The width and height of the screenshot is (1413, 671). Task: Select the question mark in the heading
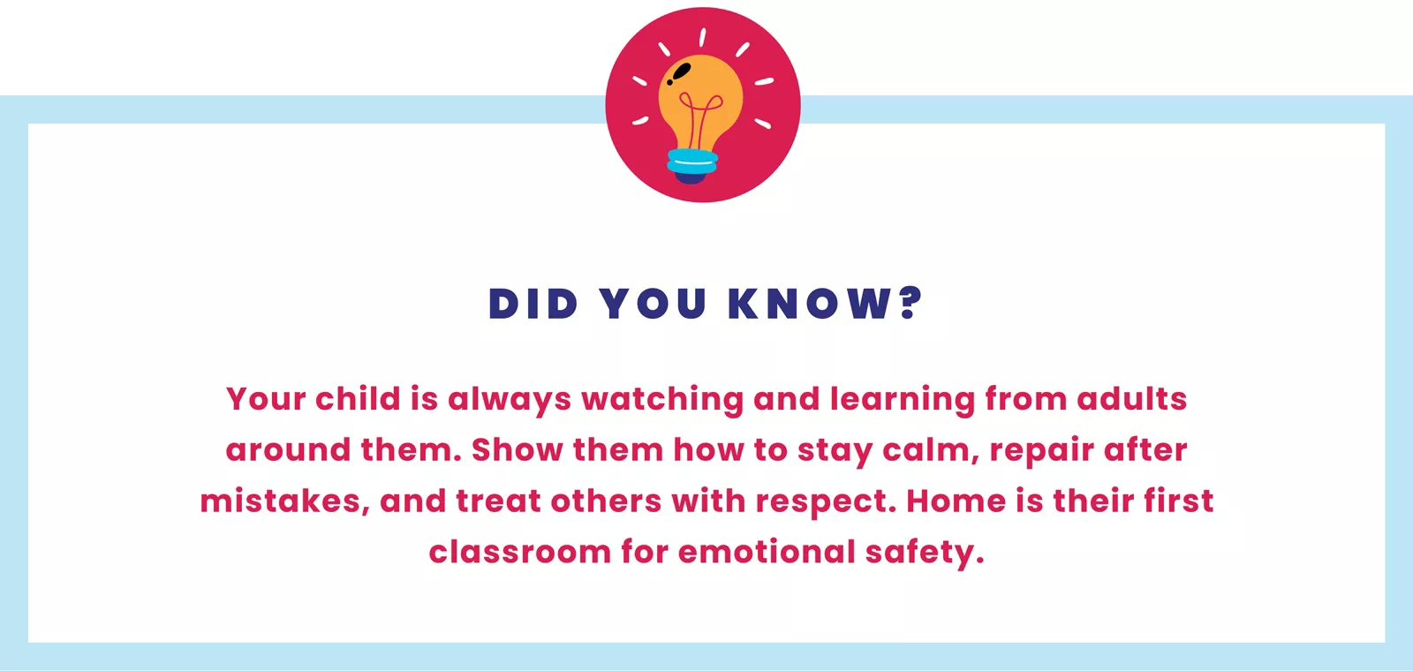(x=911, y=303)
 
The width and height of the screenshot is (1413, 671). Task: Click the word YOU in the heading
(x=654, y=304)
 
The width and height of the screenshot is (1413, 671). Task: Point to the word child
(x=358, y=398)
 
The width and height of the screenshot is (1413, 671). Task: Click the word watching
(x=662, y=400)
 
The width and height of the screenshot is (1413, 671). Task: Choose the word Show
(x=517, y=449)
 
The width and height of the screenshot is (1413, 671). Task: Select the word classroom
(x=519, y=552)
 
